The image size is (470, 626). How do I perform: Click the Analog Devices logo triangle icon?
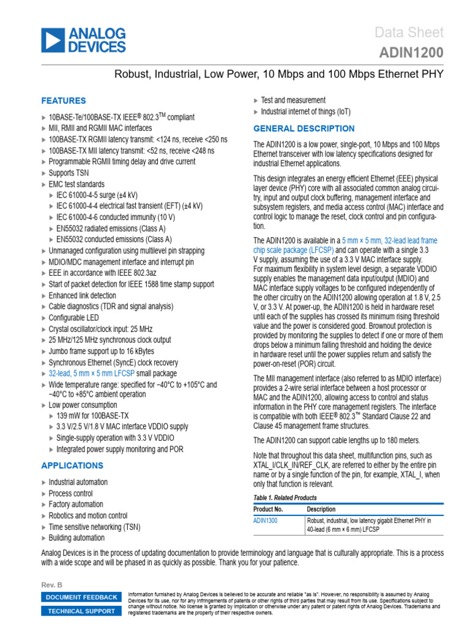click(x=53, y=40)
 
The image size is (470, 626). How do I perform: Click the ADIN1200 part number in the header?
click(x=413, y=53)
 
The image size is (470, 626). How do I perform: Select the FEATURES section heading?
click(x=64, y=101)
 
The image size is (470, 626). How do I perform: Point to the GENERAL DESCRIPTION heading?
click(x=304, y=128)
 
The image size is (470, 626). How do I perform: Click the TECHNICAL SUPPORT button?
click(x=81, y=611)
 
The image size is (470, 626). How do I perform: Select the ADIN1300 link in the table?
click(x=266, y=521)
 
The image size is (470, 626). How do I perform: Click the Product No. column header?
click(x=268, y=509)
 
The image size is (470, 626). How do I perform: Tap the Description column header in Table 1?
click(x=321, y=509)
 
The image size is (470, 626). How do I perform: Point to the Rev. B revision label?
click(x=51, y=585)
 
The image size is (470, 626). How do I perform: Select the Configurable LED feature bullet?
click(x=75, y=318)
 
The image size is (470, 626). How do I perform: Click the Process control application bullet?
click(x=71, y=493)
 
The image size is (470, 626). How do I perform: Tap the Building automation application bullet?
click(x=76, y=538)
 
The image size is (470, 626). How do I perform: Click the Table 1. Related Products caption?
click(x=285, y=498)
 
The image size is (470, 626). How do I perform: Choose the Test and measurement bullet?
click(x=293, y=100)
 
